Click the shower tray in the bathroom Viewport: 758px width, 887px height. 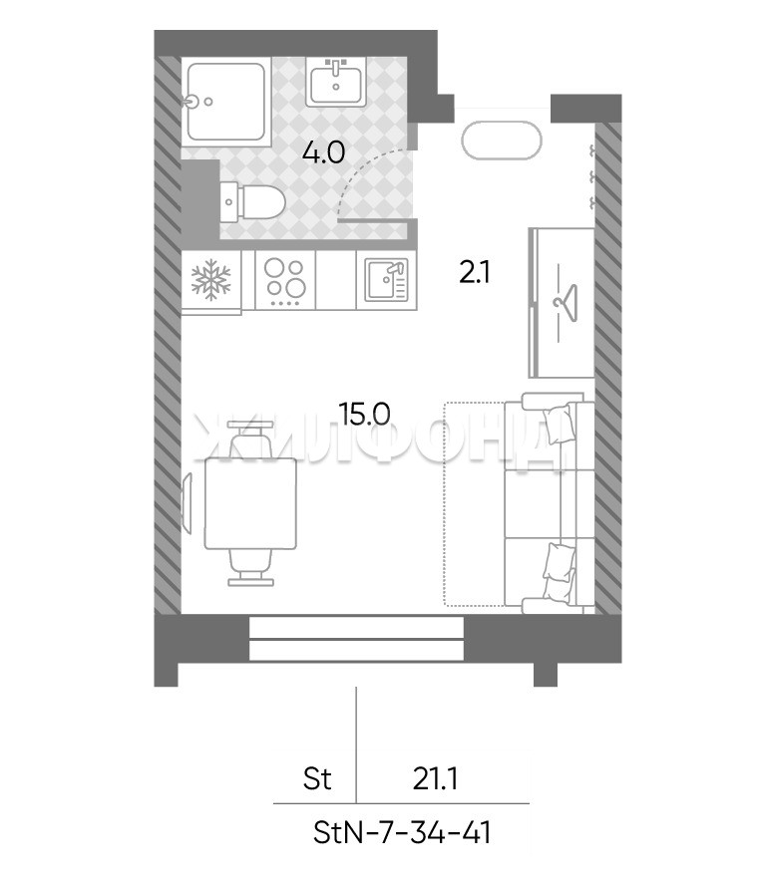click(x=225, y=102)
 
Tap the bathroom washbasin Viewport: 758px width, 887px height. click(x=336, y=82)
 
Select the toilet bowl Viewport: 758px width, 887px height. click(x=254, y=201)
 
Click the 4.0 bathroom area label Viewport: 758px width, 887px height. click(x=323, y=152)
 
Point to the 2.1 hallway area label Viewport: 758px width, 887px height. click(x=475, y=273)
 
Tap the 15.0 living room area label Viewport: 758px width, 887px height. click(x=364, y=414)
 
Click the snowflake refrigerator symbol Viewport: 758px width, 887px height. click(x=211, y=279)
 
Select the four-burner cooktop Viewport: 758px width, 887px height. click(x=285, y=280)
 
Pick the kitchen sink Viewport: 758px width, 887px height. click(x=386, y=279)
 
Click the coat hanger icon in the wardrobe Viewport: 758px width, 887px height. click(x=565, y=300)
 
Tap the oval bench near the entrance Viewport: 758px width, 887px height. click(x=502, y=140)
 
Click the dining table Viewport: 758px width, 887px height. click(x=250, y=503)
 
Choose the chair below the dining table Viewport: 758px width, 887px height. click(x=250, y=567)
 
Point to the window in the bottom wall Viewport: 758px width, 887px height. click(x=356, y=638)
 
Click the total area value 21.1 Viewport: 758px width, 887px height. click(x=435, y=779)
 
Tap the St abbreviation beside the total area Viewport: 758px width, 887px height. click(x=317, y=779)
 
